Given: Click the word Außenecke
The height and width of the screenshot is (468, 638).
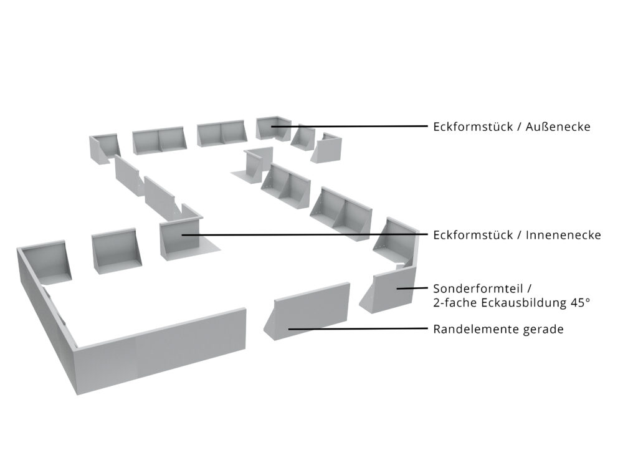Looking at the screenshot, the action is tap(558, 127).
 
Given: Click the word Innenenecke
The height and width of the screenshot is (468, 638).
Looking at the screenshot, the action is tap(563, 235).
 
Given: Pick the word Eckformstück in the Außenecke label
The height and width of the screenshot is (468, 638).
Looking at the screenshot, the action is tap(473, 127).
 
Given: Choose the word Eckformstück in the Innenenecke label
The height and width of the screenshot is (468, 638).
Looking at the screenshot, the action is tap(473, 235).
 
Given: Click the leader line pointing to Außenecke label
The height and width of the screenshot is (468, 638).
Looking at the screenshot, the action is tap(350, 126).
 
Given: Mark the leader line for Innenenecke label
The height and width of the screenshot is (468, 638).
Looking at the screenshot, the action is tap(304, 234).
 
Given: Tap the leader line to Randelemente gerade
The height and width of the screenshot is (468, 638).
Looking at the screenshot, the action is tap(358, 328).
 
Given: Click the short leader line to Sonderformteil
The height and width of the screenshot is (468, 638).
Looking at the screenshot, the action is tap(412, 288).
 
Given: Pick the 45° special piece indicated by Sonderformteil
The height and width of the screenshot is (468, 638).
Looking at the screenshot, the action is tap(391, 290).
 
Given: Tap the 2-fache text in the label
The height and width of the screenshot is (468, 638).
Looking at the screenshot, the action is tap(455, 303).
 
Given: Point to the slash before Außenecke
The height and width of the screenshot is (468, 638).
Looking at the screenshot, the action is tap(519, 127).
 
